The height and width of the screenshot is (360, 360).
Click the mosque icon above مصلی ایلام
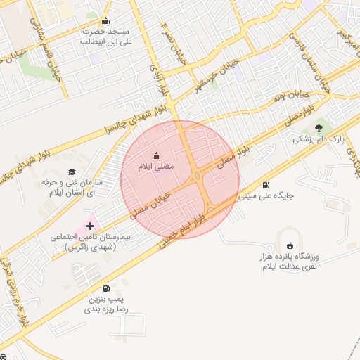[x=156, y=155]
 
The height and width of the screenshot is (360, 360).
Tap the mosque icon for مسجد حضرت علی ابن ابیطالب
[x=106, y=20]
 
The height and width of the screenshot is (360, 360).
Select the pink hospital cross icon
[x=89, y=226]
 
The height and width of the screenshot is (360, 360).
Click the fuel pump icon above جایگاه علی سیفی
[x=266, y=186]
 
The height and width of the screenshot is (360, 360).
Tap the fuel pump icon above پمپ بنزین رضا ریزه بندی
[x=106, y=288]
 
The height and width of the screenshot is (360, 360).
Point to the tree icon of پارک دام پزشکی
[x=319, y=127]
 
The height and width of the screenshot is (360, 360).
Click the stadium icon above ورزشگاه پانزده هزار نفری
[x=290, y=245]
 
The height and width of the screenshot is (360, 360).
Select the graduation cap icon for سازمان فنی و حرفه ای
[x=71, y=172]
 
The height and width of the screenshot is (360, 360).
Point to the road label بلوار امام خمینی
[x=186, y=229]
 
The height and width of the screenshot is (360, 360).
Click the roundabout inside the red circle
[x=198, y=176]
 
